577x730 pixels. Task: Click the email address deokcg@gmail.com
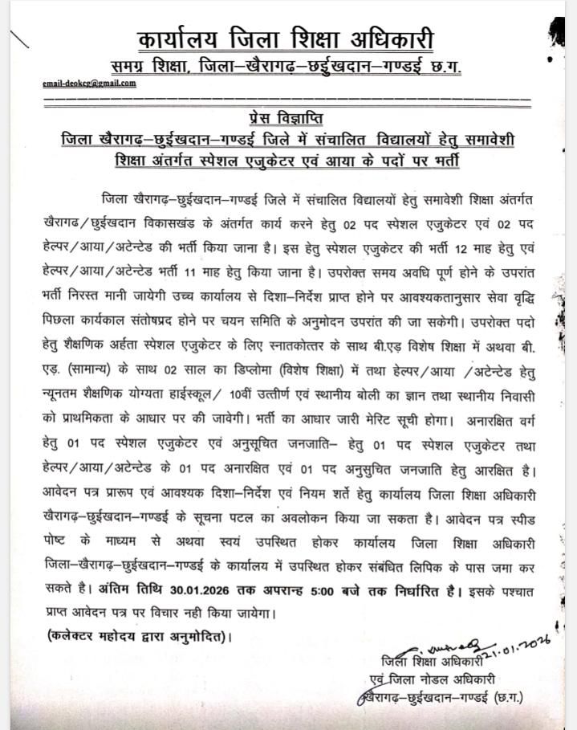pos(89,84)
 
